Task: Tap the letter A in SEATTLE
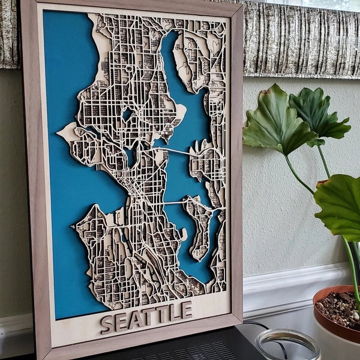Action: coord(137,319)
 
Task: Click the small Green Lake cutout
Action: coord(127,114)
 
